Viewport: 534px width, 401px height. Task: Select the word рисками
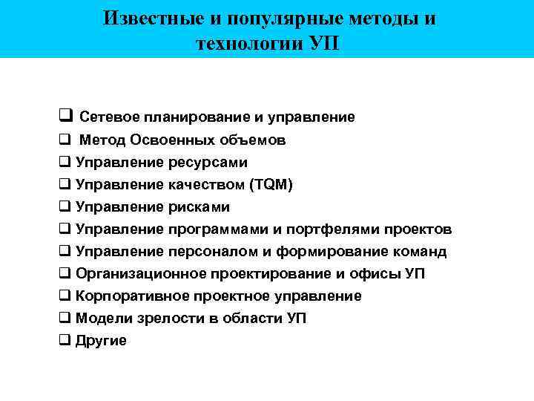199,206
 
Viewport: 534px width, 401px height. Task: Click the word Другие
102,340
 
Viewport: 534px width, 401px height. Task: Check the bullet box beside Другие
65,339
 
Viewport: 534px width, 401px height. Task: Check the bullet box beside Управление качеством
65,183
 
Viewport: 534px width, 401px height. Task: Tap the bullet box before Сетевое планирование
65,116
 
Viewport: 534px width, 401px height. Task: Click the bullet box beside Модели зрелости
65,317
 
